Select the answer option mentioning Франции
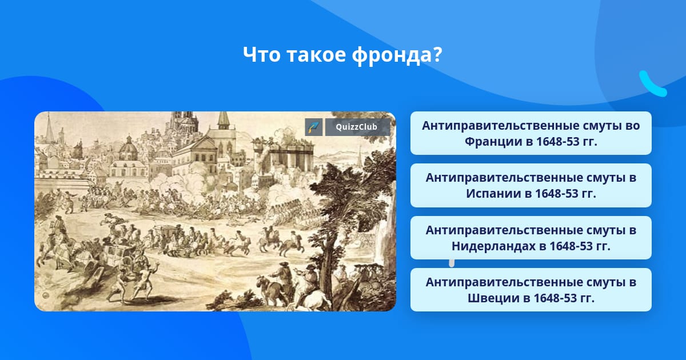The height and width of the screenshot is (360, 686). tap(531, 133)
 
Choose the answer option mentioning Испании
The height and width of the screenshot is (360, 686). tap(531, 186)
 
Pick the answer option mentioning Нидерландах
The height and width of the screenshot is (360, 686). tap(531, 238)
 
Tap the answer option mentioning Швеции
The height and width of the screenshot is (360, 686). tap(531, 290)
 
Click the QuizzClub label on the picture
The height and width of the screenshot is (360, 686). tap(356, 127)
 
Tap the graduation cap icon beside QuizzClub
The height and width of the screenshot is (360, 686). tap(314, 127)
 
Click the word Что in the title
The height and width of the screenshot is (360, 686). tap(261, 55)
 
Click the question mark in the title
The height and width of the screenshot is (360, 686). tap(437, 54)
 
